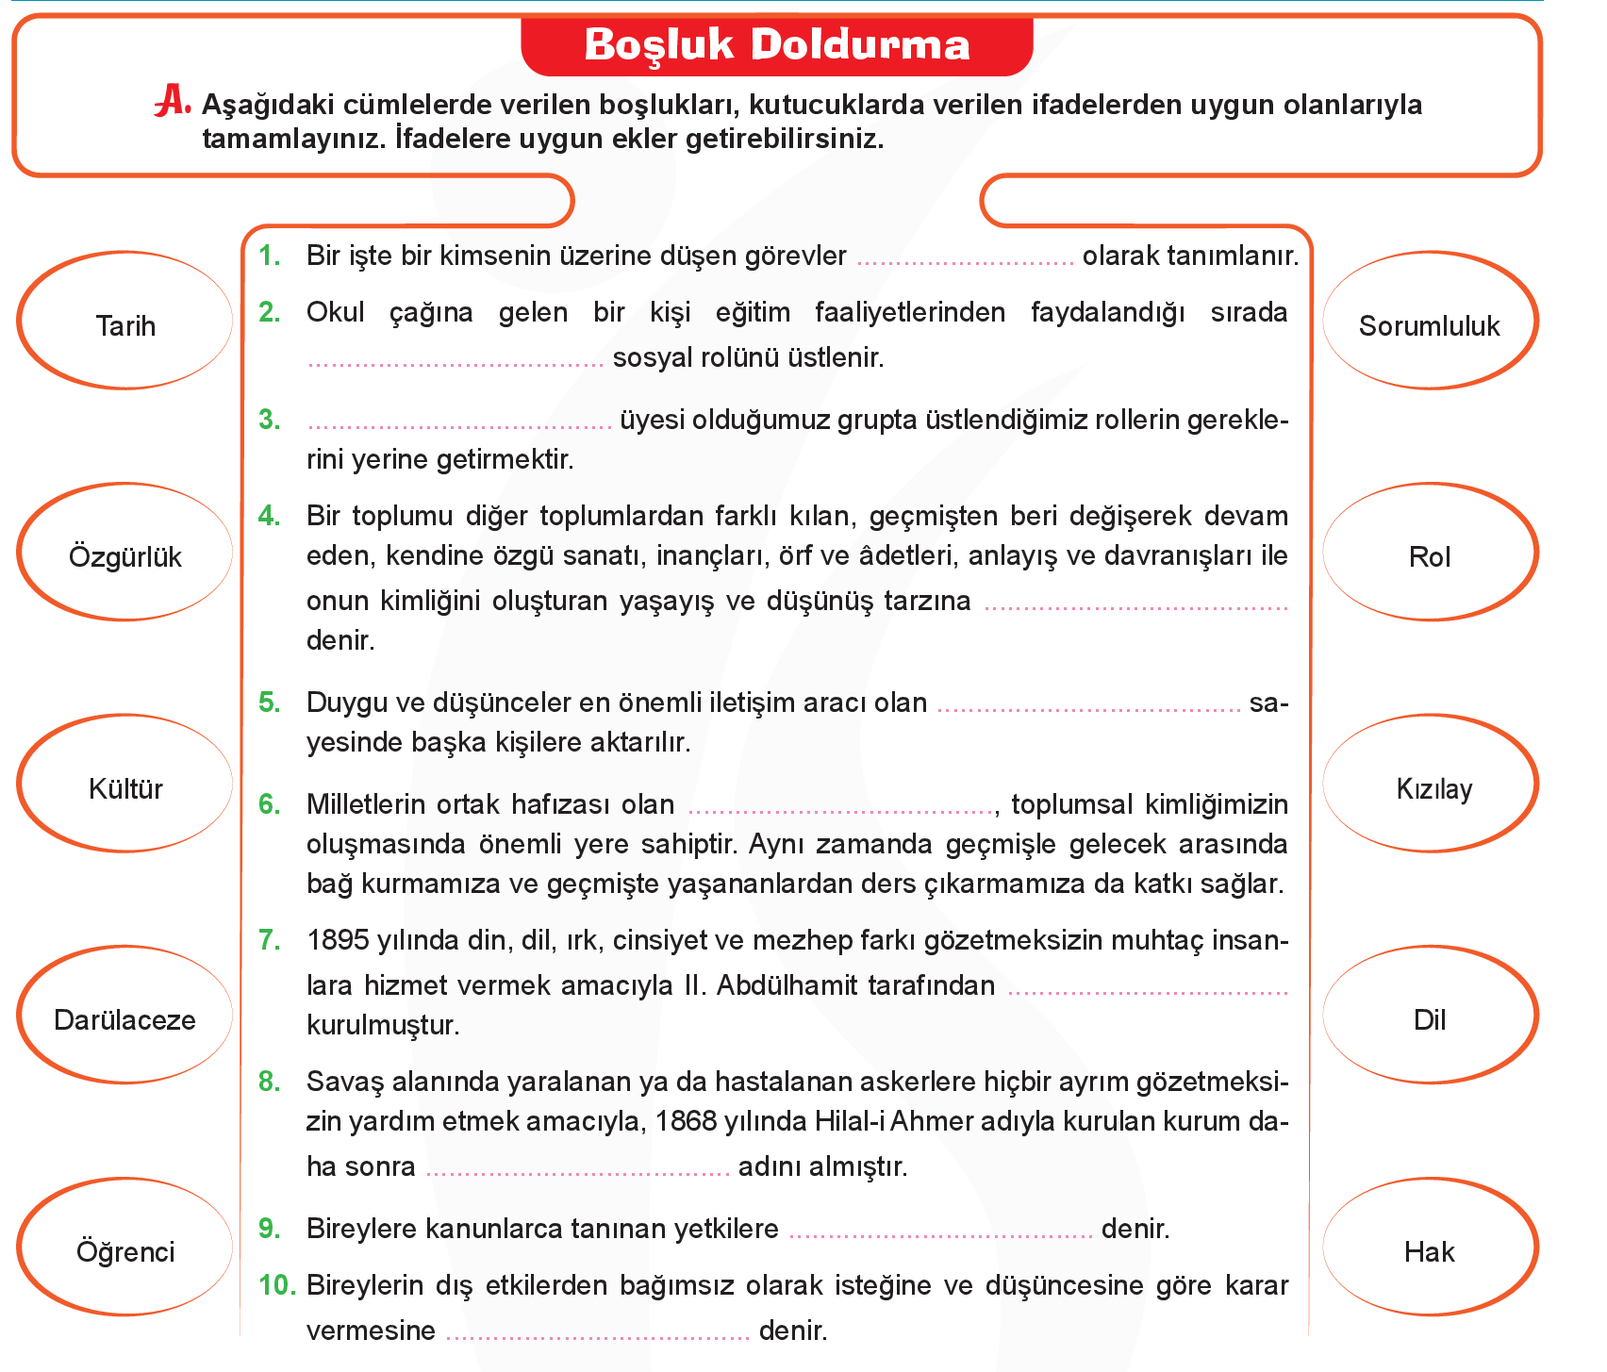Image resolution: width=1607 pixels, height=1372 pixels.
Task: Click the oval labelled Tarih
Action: pos(125,321)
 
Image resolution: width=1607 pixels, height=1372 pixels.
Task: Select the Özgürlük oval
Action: pos(125,553)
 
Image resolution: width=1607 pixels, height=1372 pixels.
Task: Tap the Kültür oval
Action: pos(125,784)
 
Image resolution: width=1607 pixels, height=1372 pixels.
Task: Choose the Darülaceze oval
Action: pos(125,1016)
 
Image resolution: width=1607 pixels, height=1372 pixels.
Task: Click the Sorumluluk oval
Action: pos(1430,321)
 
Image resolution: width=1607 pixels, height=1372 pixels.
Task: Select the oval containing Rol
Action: pos(1430,553)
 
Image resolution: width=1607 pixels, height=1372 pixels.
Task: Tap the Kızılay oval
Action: pos(1430,784)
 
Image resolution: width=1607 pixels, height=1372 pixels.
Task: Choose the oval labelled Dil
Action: pos(1430,1016)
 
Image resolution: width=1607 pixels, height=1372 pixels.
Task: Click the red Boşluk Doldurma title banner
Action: pos(777,45)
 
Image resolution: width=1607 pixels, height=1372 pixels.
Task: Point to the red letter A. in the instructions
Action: pos(173,102)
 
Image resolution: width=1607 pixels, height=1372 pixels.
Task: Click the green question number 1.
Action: pos(270,256)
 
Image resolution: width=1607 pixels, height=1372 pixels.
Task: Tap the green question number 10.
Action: pos(277,1285)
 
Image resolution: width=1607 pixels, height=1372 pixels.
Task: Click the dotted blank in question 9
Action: pos(940,1232)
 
